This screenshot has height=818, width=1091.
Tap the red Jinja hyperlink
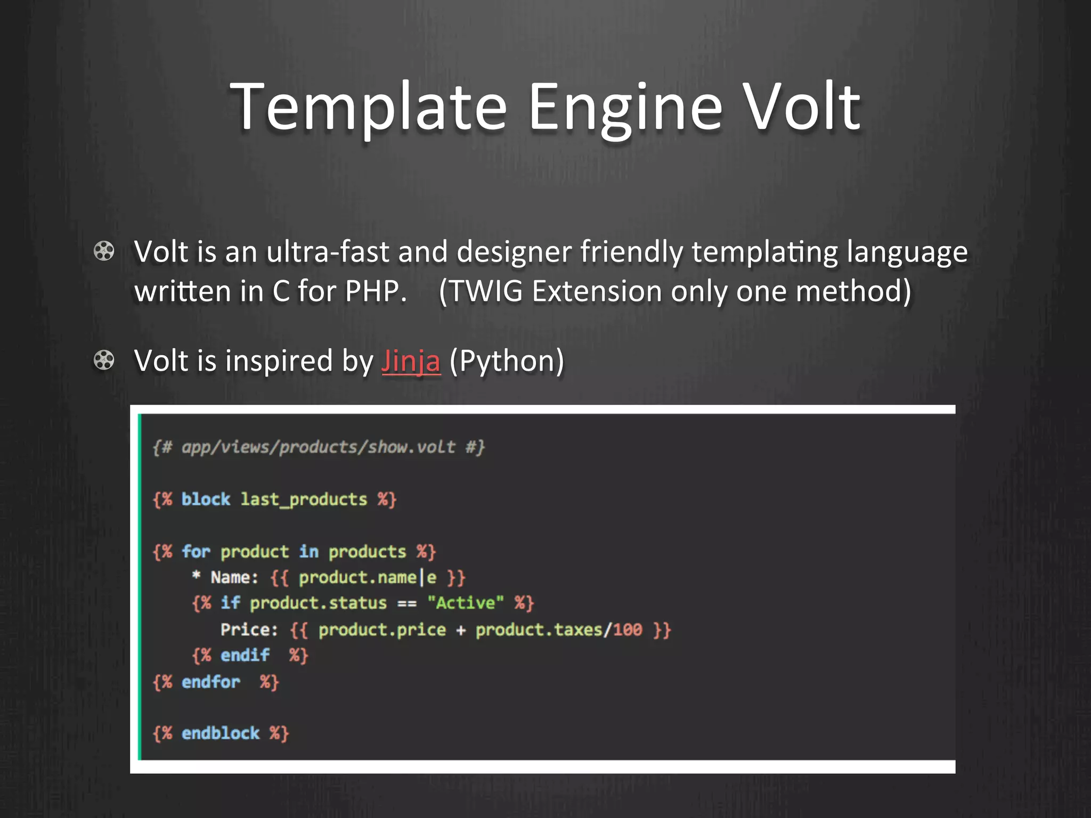[411, 361]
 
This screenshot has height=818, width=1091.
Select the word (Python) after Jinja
[506, 361]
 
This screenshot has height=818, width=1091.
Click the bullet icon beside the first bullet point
[104, 251]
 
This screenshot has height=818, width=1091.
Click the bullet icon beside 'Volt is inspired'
[104, 360]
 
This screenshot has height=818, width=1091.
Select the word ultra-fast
[328, 251]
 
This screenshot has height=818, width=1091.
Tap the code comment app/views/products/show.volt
[319, 447]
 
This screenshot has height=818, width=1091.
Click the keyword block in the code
[206, 500]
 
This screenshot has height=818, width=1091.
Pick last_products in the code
[304, 500]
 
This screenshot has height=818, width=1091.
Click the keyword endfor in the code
[210, 682]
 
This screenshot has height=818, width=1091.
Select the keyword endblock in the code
[220, 733]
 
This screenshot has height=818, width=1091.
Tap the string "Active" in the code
[466, 603]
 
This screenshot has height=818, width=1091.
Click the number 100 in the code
[627, 630]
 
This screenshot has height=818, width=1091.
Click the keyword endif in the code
[245, 655]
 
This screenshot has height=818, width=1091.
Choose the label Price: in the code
[249, 630]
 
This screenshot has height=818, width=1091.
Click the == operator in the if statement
[407, 603]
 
